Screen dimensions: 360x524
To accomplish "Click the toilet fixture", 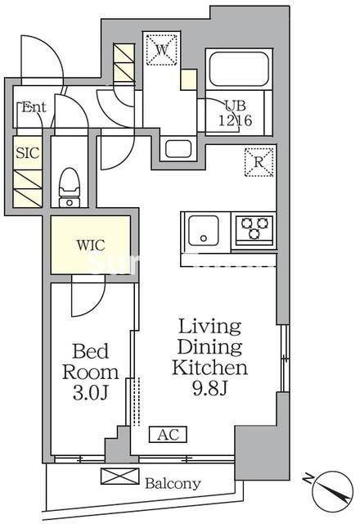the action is click(x=70, y=187).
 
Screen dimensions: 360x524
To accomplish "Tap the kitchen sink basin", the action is click(x=204, y=231).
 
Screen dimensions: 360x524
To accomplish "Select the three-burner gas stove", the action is click(x=254, y=229).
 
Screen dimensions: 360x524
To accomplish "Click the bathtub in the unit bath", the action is click(x=238, y=70).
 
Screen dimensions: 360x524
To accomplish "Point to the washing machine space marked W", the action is click(x=162, y=49).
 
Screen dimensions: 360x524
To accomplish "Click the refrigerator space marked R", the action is click(x=259, y=162).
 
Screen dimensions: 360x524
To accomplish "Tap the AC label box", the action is click(x=168, y=435).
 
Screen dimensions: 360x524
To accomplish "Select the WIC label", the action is click(x=91, y=245).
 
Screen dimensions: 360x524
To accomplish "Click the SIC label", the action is click(x=28, y=153).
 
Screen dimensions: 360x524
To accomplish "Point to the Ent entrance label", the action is click(x=34, y=107).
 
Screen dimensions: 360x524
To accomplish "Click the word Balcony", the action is click(x=173, y=483).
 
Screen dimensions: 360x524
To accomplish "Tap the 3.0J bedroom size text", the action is click(x=90, y=393).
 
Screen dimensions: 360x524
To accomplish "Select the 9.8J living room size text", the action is click(x=210, y=388).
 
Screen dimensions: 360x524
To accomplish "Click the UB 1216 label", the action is click(x=235, y=113).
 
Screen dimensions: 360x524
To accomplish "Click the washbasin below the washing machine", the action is click(x=178, y=149).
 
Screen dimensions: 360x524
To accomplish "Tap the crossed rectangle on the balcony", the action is click(x=120, y=477).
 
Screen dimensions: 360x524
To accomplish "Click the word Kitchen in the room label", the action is click(x=210, y=368).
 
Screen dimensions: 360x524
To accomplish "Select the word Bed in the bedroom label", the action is click(x=91, y=351).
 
